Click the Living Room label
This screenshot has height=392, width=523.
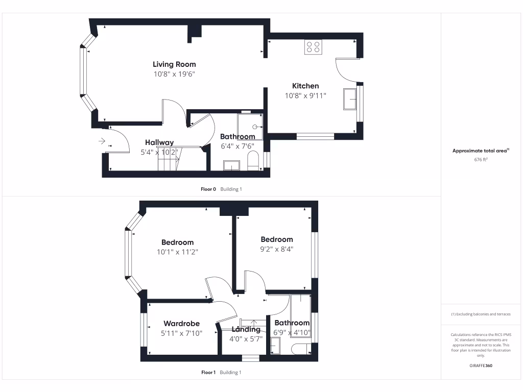pyautogui.click(x=174, y=64)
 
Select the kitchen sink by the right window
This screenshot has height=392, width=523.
pyautogui.click(x=351, y=99)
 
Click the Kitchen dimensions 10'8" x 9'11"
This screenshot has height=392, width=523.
pyautogui.click(x=305, y=95)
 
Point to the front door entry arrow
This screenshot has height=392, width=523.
pyautogui.click(x=102, y=140)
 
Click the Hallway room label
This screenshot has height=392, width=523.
pyautogui.click(x=159, y=142)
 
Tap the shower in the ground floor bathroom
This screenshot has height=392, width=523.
pyautogui.click(x=250, y=127)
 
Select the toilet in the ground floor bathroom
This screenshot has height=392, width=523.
pyautogui.click(x=253, y=162)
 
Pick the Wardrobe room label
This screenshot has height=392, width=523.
pyautogui.click(x=181, y=324)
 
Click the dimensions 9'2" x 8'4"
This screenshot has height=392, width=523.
pyautogui.click(x=277, y=249)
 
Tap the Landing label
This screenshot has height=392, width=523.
pyautogui.click(x=246, y=329)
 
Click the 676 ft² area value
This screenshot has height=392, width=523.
pyautogui.click(x=481, y=160)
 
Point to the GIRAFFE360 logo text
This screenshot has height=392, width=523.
pyautogui.click(x=481, y=365)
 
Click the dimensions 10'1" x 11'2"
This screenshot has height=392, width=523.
pyautogui.click(x=178, y=252)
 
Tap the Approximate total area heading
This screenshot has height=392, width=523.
pyautogui.click(x=481, y=151)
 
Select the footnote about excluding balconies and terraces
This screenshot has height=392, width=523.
pyautogui.click(x=481, y=314)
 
